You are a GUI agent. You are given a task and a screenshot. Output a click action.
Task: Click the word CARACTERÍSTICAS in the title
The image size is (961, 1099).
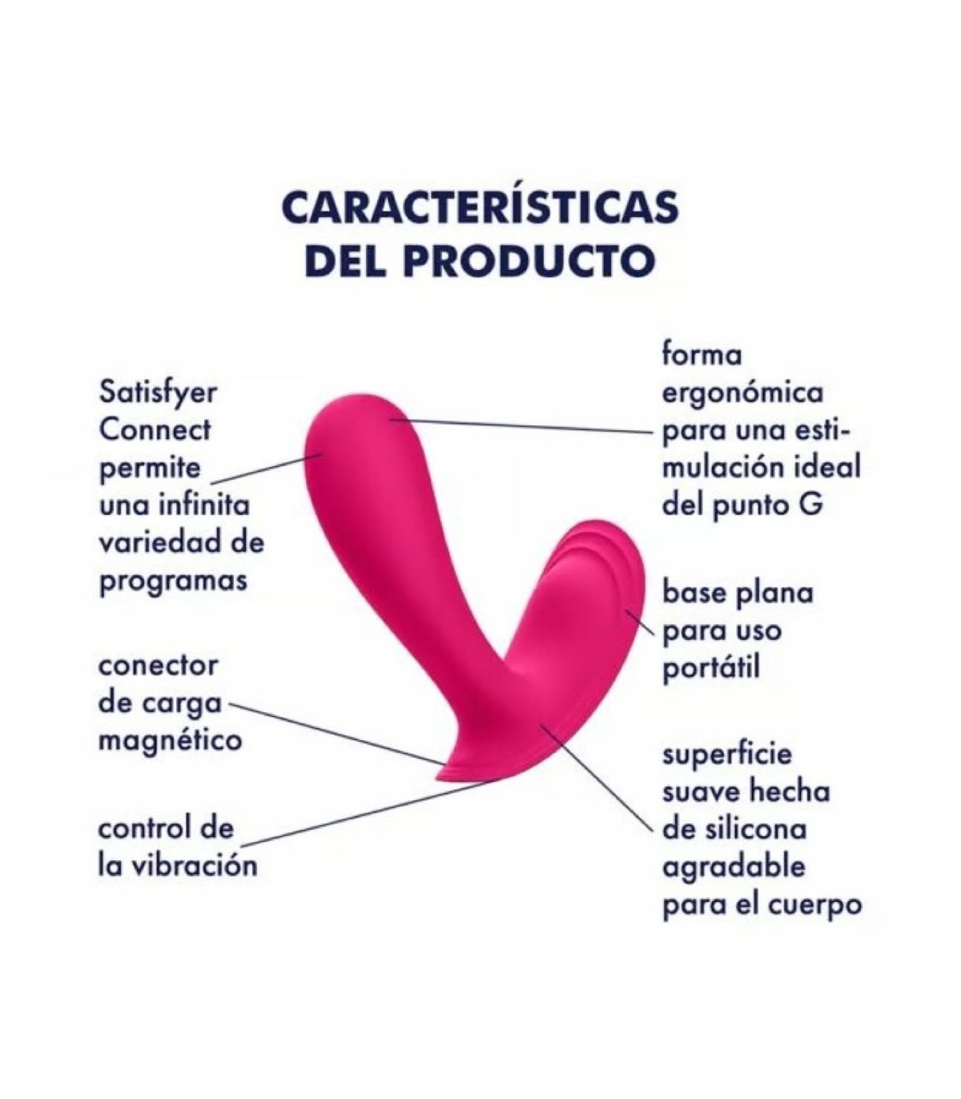pos(480,206)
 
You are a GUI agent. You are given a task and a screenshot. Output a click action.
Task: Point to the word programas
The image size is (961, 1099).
pos(174,582)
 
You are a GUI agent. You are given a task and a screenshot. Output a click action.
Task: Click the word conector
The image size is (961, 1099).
pos(158,666)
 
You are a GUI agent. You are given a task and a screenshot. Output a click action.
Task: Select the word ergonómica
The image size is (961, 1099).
pos(742,394)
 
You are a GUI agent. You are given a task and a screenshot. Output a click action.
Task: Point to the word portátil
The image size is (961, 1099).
pos(711,668)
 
